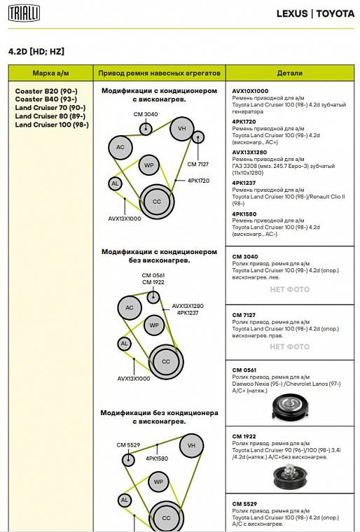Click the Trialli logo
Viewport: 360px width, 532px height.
pyautogui.click(x=24, y=13)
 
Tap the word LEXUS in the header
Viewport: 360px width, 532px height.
pyautogui.click(x=292, y=13)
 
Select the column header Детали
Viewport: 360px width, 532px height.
pyautogui.click(x=290, y=73)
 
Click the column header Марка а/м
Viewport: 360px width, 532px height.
pyautogui.click(x=50, y=73)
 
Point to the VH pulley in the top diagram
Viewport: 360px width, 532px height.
pyautogui.click(x=182, y=129)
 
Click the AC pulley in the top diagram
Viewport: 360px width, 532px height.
pyautogui.click(x=120, y=147)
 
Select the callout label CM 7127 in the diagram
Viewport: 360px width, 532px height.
pyautogui.click(x=198, y=164)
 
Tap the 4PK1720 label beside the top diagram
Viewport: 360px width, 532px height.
pyautogui.click(x=199, y=181)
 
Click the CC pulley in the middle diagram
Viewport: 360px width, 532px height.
pyautogui.click(x=166, y=362)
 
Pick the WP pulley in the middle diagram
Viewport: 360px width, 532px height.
pyautogui.click(x=154, y=325)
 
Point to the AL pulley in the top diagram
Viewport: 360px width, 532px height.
pyautogui.click(x=115, y=183)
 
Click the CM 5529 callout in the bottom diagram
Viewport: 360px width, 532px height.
pyautogui.click(x=128, y=444)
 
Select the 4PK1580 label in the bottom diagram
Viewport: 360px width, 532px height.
pyautogui.click(x=157, y=458)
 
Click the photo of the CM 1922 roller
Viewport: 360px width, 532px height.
pyautogui.click(x=291, y=477)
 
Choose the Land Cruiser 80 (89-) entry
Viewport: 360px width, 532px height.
pyautogui.click(x=50, y=116)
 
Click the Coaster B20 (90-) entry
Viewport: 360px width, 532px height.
pyautogui.click(x=46, y=91)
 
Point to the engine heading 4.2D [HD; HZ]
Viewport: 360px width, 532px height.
pyautogui.click(x=36, y=52)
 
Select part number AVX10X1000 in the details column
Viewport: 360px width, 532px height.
pyautogui.click(x=250, y=91)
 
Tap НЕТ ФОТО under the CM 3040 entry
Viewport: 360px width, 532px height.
pyautogui.click(x=290, y=289)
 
